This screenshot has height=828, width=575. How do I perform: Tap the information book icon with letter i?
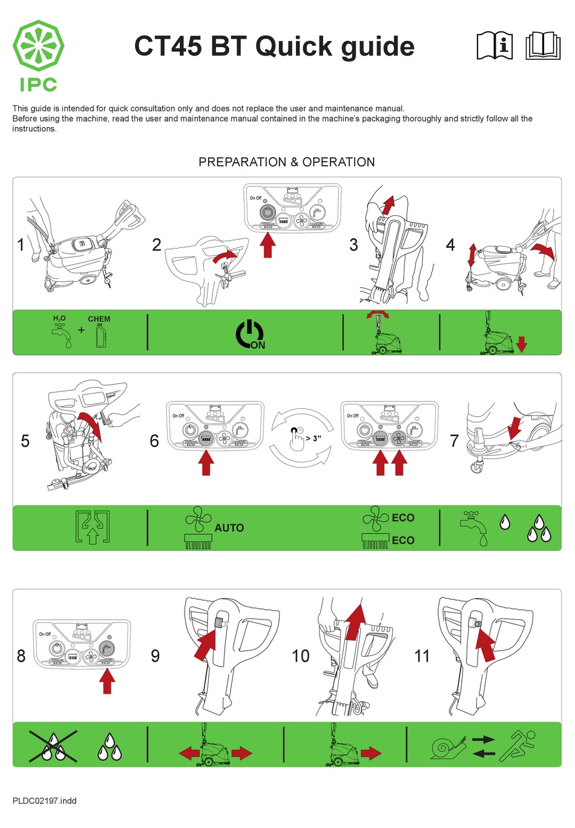click(494, 46)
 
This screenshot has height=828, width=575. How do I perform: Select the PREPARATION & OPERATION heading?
click(286, 162)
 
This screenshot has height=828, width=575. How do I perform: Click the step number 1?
click(21, 245)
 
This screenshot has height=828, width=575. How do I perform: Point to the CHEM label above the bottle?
click(99, 319)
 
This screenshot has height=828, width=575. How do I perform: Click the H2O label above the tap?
click(59, 318)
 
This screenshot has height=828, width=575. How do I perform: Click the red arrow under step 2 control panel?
click(268, 246)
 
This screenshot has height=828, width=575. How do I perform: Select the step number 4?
click(450, 245)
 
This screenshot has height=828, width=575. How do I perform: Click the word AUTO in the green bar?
click(229, 528)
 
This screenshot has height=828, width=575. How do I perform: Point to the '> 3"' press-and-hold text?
click(314, 438)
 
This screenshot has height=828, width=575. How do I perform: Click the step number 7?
click(454, 441)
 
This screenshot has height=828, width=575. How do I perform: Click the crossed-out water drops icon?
click(53, 745)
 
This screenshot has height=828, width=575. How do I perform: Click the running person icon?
click(517, 745)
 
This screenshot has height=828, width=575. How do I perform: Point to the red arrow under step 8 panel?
click(107, 682)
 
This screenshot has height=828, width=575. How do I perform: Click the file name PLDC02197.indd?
click(44, 801)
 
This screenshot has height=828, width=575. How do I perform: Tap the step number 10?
click(300, 656)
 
